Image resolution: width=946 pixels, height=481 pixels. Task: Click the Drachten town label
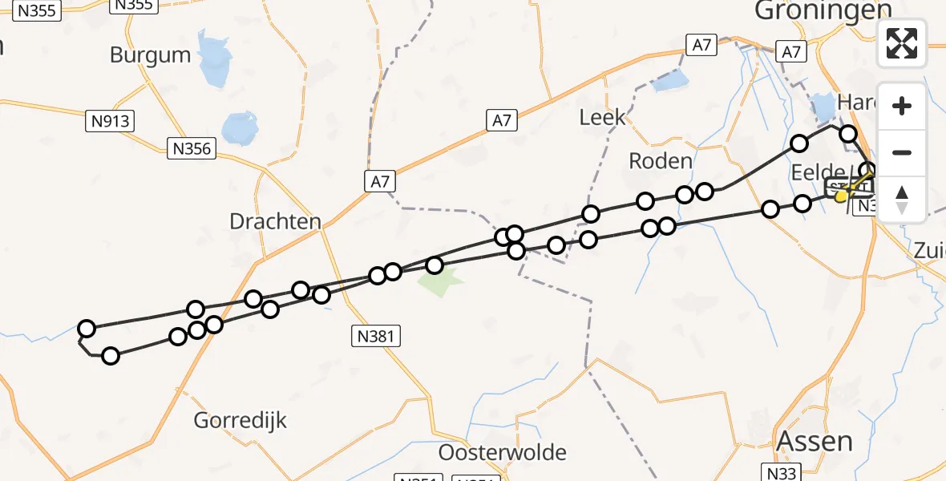click(275, 221)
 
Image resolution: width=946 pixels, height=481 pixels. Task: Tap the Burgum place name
click(151, 55)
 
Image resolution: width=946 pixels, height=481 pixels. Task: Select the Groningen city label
click(823, 10)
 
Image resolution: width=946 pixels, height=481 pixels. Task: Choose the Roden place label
click(660, 160)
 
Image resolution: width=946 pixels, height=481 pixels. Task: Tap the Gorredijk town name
click(241, 420)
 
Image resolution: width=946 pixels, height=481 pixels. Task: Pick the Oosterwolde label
click(502, 452)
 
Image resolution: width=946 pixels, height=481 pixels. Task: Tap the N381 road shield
click(376, 337)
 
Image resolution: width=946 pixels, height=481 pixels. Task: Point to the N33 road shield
click(782, 473)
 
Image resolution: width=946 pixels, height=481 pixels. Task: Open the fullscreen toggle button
click(902, 43)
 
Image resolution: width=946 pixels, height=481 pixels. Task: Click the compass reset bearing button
click(902, 199)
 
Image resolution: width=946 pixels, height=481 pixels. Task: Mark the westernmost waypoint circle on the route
click(87, 329)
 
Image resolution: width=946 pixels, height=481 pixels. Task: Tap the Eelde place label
click(814, 172)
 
